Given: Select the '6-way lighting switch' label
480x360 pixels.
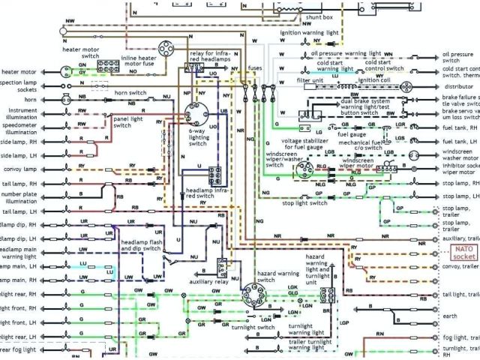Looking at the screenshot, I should [x=198, y=138].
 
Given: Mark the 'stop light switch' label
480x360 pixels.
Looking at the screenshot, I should [x=304, y=202].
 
